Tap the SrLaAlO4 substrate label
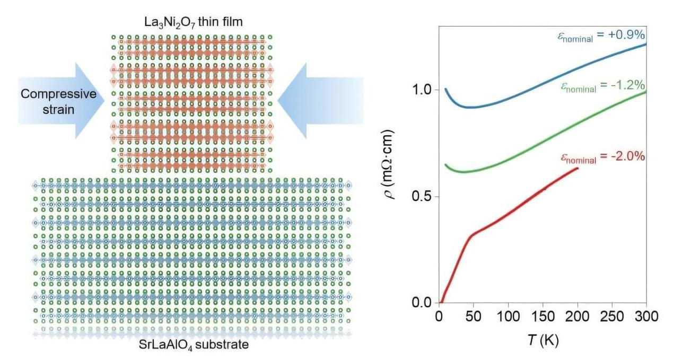pyautogui.click(x=192, y=345)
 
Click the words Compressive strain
pyautogui.click(x=58, y=101)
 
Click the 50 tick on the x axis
pyautogui.click(x=473, y=317)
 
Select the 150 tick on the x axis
pyautogui.click(x=543, y=317)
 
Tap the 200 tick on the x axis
pyautogui.click(x=577, y=317)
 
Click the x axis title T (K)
pyautogui.click(x=542, y=339)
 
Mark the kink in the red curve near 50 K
pyautogui.click(x=471, y=234)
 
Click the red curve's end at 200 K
pyautogui.click(x=577, y=168)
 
